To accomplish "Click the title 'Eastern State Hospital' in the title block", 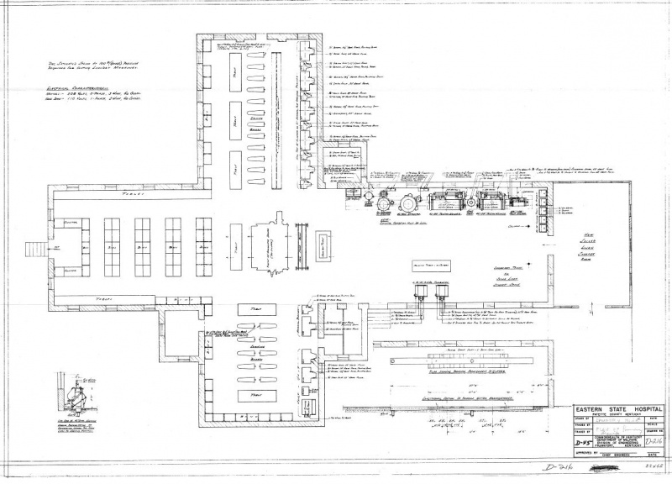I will click(x=619, y=409).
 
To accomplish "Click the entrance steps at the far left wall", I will click(x=34, y=250).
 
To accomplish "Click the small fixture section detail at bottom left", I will click(x=76, y=396).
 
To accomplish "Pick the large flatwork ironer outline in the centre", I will click(x=268, y=250).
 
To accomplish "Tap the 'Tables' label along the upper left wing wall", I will click(x=105, y=194).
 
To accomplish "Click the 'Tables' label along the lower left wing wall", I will click(x=105, y=299).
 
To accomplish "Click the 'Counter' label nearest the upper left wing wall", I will click(x=70, y=222).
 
